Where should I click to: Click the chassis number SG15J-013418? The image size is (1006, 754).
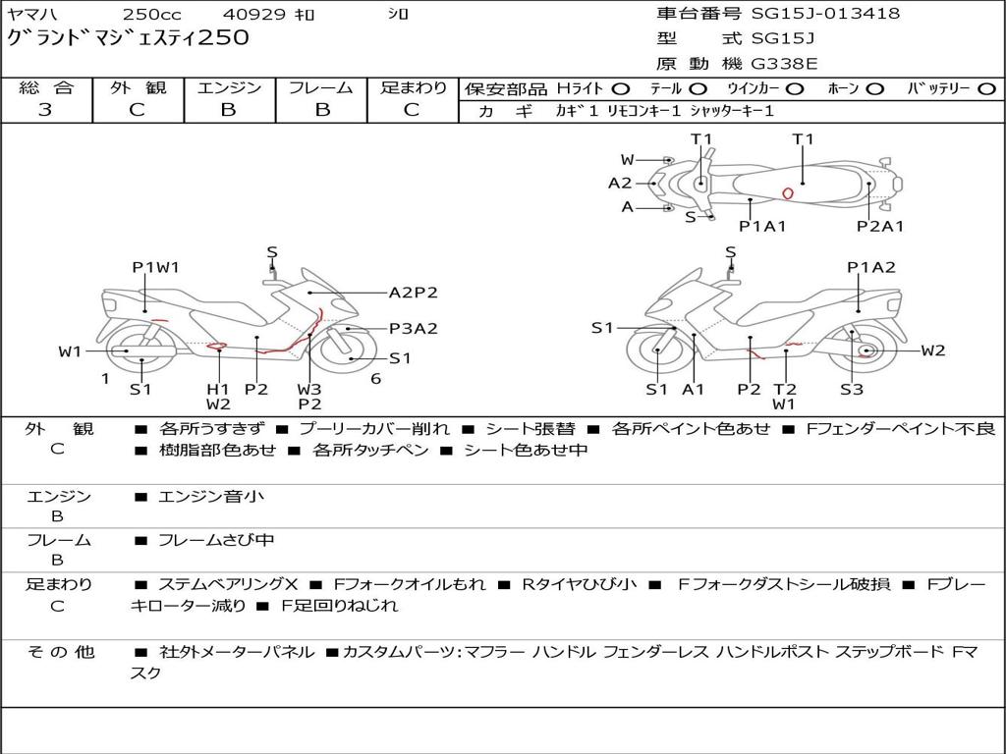pyautogui.click(x=825, y=14)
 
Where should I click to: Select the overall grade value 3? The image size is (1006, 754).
pyautogui.click(x=45, y=110)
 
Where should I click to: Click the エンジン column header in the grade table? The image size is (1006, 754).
pyautogui.click(x=229, y=87)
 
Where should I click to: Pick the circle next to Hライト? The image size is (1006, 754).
pyautogui.click(x=621, y=88)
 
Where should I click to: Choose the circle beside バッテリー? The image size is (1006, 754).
pyautogui.click(x=985, y=88)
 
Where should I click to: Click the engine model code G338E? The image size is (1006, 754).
pyautogui.click(x=784, y=64)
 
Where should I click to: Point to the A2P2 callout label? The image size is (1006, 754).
pyautogui.click(x=413, y=293)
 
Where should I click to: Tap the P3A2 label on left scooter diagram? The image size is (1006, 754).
pyautogui.click(x=413, y=329)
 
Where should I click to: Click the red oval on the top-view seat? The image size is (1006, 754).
pyautogui.click(x=787, y=193)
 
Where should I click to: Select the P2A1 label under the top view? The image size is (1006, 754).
pyautogui.click(x=879, y=227)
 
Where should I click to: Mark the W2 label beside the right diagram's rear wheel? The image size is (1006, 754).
pyautogui.click(x=933, y=350)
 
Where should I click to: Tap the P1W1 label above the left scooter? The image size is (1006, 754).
pyautogui.click(x=155, y=267)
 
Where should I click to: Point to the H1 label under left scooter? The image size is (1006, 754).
pyautogui.click(x=217, y=389)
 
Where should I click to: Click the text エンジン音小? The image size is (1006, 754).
pyautogui.click(x=211, y=497)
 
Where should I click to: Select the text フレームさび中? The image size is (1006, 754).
pyautogui.click(x=216, y=540)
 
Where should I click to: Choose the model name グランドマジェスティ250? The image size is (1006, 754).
pyautogui.click(x=129, y=38)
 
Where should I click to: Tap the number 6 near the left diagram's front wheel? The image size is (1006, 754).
pyautogui.click(x=375, y=379)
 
